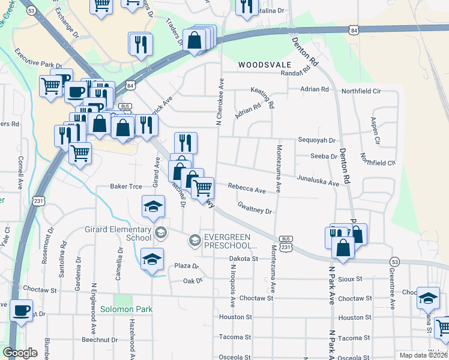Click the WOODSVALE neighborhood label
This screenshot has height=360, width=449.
point(265,64)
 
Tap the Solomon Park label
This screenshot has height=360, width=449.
point(126,309)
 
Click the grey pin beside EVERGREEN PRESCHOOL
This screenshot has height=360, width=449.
point(194,241)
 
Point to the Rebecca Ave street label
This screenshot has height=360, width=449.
point(246,188)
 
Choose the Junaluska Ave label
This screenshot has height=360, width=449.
point(318,179)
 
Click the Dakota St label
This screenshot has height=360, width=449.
point(243,259)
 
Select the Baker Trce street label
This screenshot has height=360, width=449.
point(126,187)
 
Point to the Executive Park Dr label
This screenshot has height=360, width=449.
point(39,58)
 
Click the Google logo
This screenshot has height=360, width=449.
point(20,352)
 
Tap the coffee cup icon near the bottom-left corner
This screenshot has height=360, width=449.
point(22,311)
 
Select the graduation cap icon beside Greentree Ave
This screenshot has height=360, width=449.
point(428,298)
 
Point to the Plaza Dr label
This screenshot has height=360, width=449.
point(186,265)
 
